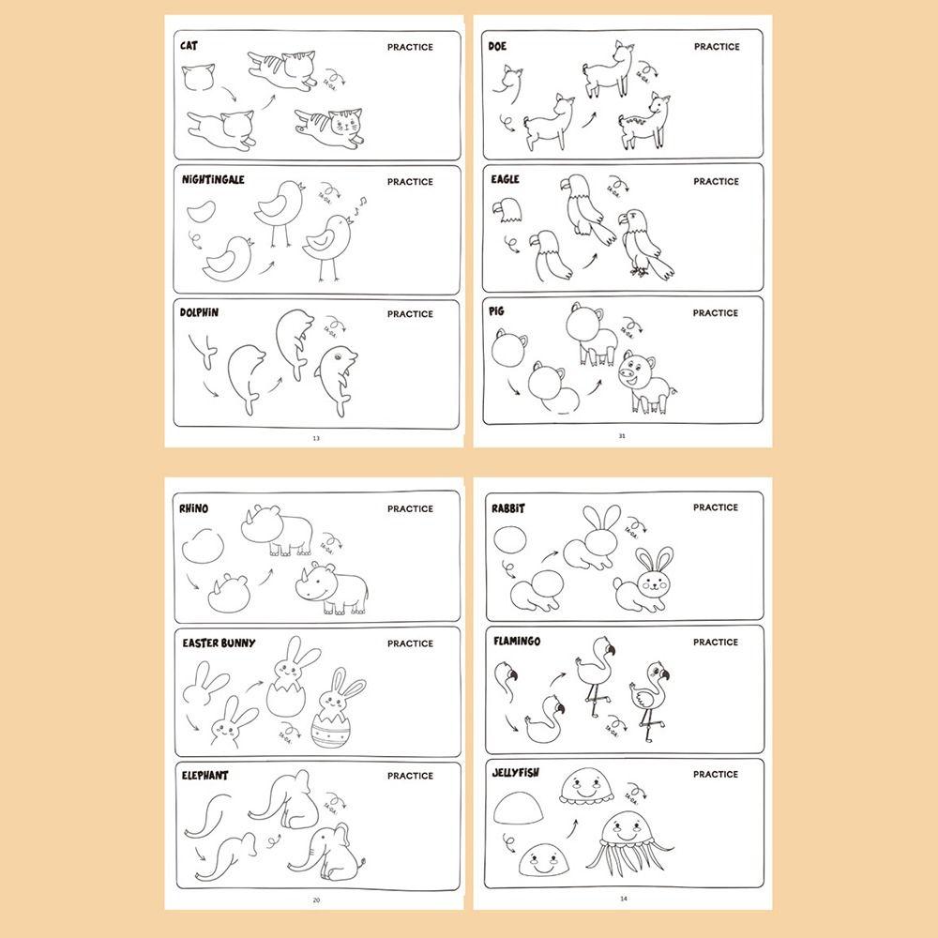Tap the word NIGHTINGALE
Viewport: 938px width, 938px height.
(213, 179)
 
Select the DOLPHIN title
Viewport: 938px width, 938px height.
(199, 312)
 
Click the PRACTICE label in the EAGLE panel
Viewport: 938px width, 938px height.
(716, 181)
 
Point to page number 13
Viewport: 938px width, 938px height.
(315, 437)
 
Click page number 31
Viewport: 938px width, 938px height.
(621, 435)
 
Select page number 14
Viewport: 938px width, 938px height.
(622, 899)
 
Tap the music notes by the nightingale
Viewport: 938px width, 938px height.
(360, 204)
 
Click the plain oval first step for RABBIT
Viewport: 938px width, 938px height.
(512, 541)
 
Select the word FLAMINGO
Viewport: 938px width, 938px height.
(516, 642)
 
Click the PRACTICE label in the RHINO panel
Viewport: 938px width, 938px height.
(410, 508)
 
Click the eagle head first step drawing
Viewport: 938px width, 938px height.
(507, 212)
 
